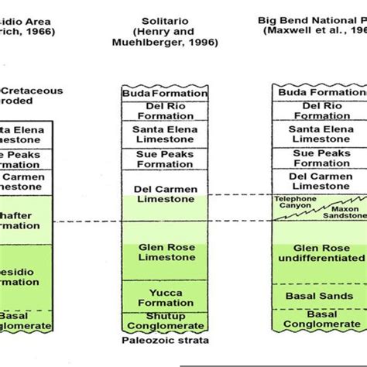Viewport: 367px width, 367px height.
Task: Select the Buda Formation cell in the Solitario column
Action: tap(164, 94)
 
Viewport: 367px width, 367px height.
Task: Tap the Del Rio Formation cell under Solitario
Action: tap(164, 110)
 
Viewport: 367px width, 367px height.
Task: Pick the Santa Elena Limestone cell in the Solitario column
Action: tap(164, 135)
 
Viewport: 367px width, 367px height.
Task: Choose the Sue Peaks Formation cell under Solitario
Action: tap(164, 159)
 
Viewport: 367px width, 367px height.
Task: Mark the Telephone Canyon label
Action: tap(296, 203)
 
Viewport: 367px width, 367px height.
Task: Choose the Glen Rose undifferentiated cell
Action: tap(319, 253)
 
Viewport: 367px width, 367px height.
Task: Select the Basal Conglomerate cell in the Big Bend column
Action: tap(319, 319)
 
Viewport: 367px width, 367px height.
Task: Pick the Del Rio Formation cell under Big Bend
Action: tap(319, 110)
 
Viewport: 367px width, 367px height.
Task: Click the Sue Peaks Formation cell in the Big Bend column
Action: tap(319, 159)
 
